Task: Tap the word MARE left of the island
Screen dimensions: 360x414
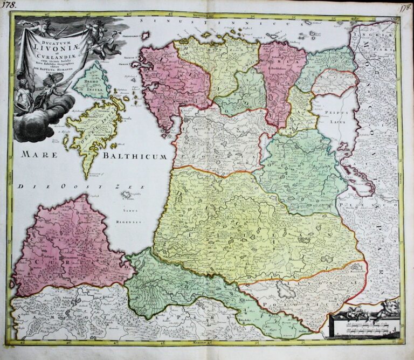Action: [39, 154]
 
